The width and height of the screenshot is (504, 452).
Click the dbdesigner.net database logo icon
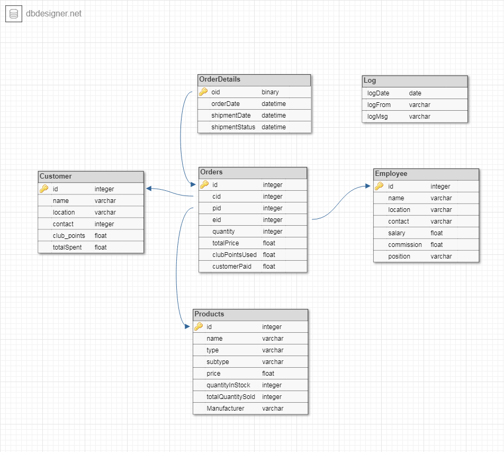coord(13,14)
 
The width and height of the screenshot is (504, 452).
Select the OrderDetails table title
coord(220,79)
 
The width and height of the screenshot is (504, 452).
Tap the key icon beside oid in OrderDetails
coord(203,92)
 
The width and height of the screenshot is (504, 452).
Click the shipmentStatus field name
coord(233,127)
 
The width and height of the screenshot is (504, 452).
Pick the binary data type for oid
coord(270,92)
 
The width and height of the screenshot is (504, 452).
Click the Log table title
coord(370,81)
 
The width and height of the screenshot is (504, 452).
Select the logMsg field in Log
coord(377,117)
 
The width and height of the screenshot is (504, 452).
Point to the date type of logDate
coord(415,93)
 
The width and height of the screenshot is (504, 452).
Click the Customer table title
coord(56,176)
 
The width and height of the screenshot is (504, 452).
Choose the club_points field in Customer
coord(69,236)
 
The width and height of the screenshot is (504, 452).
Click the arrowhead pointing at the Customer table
coord(149,189)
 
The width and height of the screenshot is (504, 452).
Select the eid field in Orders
coord(217,220)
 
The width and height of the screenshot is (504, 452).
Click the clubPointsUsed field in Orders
coord(235,255)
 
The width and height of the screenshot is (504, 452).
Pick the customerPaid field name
coord(232,267)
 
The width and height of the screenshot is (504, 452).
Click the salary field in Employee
coord(397,233)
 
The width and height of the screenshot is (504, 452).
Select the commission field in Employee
coord(405,245)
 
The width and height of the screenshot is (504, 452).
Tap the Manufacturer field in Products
coord(226,409)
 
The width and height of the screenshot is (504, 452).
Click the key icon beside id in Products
coord(199,326)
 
